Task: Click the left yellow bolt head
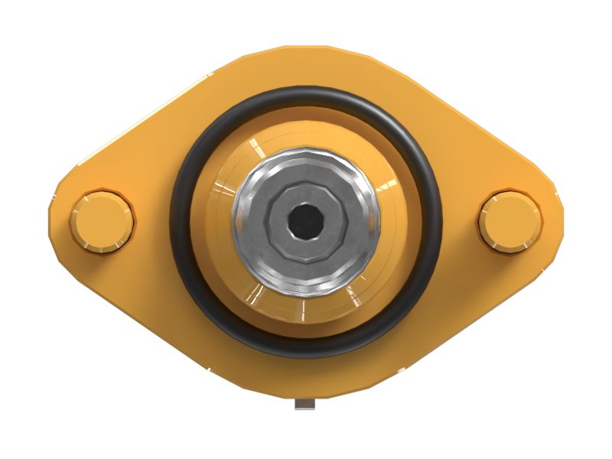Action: (102, 220)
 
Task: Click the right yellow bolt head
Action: (510, 220)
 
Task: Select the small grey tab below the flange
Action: (305, 404)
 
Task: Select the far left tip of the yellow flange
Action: (51, 222)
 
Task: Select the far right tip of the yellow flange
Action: (561, 222)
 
